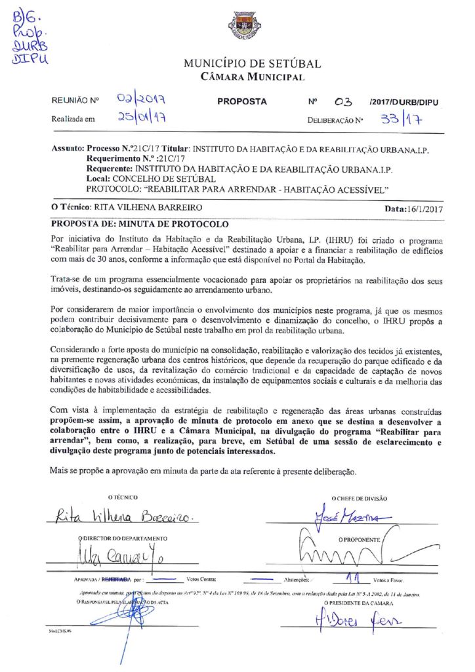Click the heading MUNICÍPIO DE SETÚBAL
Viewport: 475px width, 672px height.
tap(252, 64)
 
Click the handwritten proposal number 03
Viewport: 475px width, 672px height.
tap(343, 102)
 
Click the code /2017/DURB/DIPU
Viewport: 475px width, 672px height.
tap(403, 102)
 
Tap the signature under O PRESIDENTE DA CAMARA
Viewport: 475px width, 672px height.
tap(358, 619)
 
